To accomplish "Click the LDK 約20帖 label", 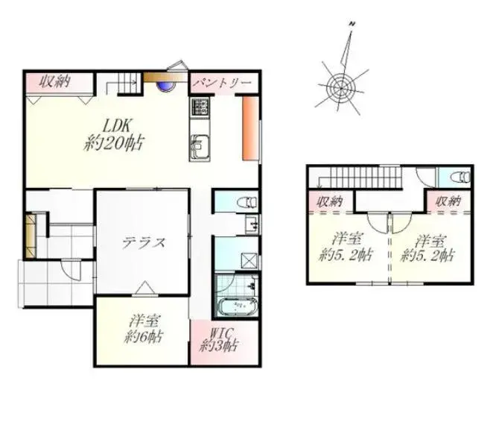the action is [x=114, y=135].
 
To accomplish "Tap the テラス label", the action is [x=144, y=243].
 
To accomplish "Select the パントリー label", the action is [x=223, y=83].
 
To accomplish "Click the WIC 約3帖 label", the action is [x=218, y=340].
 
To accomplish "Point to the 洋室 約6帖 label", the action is [x=143, y=329].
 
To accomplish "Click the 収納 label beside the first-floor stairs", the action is [x=54, y=82].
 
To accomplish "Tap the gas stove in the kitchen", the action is [x=200, y=107].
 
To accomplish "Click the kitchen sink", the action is [x=199, y=148].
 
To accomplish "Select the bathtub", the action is [x=238, y=306].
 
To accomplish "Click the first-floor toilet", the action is [x=248, y=202].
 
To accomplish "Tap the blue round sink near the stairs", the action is [x=166, y=86].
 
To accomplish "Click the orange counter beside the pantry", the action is [x=250, y=128].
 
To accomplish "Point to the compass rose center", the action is [x=341, y=88].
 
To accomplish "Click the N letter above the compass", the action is [x=352, y=23].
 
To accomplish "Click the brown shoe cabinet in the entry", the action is [x=31, y=236].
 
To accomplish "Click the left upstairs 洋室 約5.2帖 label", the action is [x=346, y=248].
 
